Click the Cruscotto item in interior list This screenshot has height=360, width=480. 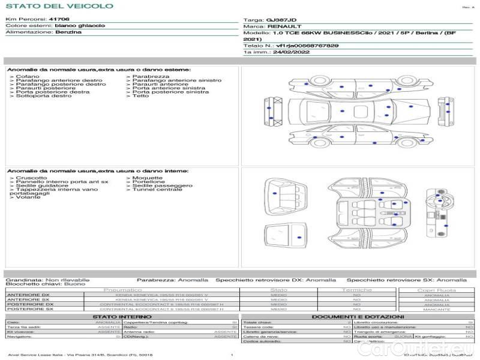coord(31,178)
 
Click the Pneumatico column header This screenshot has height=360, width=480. coord(122,290)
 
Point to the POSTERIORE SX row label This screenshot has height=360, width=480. coord(29,309)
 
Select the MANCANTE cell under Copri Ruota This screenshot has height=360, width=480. coord(436,309)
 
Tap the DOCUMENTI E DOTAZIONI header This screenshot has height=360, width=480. coord(358,317)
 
